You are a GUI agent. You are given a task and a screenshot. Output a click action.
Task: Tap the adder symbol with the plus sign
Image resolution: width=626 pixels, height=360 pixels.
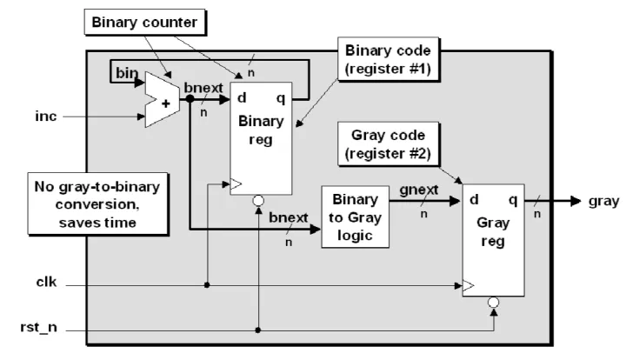tap(162, 99)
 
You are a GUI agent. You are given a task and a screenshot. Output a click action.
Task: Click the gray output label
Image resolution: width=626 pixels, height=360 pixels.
tap(603, 201)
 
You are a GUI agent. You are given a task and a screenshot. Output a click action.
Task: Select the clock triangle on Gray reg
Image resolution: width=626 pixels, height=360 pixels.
tap(469, 284)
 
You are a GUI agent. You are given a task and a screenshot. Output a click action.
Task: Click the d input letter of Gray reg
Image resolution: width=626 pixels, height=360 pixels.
tap(475, 201)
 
